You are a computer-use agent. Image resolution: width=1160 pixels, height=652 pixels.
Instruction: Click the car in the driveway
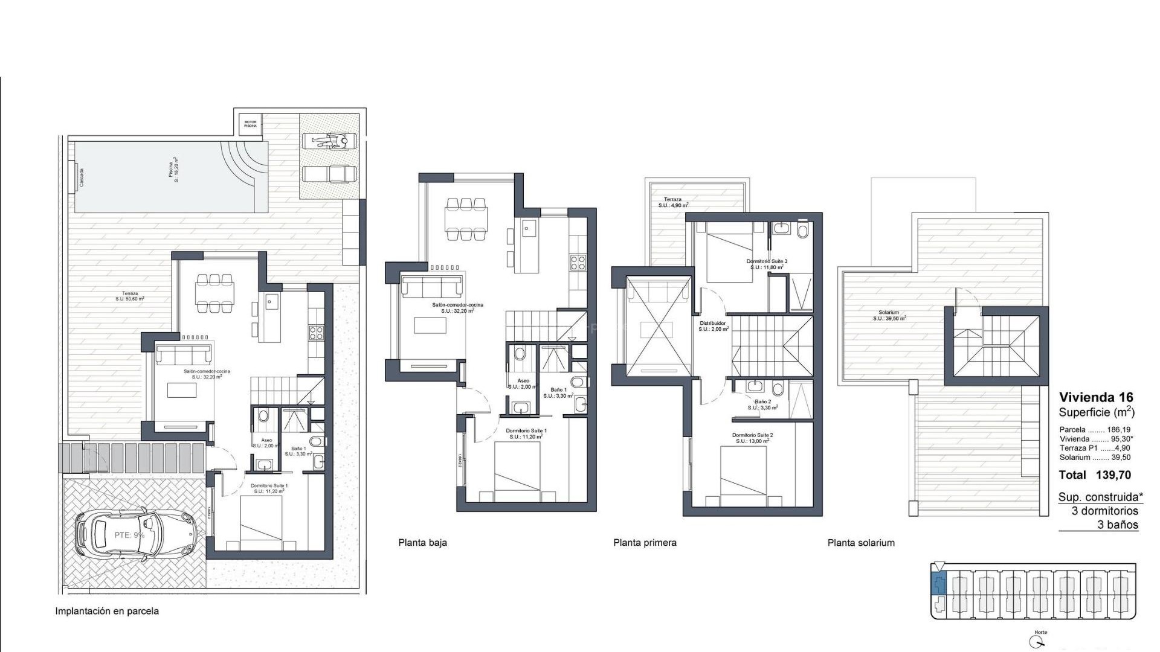(x=137, y=534)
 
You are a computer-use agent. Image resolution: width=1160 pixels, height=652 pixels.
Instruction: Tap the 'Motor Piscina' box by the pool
(x=250, y=124)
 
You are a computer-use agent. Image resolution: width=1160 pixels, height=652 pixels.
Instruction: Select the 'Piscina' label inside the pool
(x=173, y=171)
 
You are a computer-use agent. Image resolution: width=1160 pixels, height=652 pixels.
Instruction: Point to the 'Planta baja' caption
(x=422, y=543)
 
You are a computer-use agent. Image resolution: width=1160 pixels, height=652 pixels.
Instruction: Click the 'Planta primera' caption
(x=645, y=543)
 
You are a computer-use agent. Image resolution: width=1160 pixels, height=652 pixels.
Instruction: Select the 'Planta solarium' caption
(x=861, y=543)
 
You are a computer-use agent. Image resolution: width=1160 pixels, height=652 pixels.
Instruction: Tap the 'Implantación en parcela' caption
(x=107, y=611)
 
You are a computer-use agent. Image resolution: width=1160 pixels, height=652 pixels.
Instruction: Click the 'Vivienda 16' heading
(x=1096, y=397)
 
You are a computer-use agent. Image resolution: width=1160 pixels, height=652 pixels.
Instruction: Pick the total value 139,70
(x=1113, y=475)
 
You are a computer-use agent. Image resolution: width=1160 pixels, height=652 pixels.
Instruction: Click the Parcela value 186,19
(x=1118, y=430)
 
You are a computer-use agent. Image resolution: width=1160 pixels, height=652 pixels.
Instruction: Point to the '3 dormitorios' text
(x=1105, y=511)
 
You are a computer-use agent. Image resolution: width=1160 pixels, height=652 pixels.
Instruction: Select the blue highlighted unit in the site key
(x=938, y=584)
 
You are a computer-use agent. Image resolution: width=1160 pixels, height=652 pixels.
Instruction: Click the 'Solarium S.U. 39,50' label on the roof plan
(x=889, y=315)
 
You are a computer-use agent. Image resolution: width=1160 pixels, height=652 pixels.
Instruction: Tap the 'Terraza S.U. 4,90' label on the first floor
(x=672, y=202)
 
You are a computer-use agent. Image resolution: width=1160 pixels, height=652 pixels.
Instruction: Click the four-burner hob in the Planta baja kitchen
(x=578, y=262)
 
